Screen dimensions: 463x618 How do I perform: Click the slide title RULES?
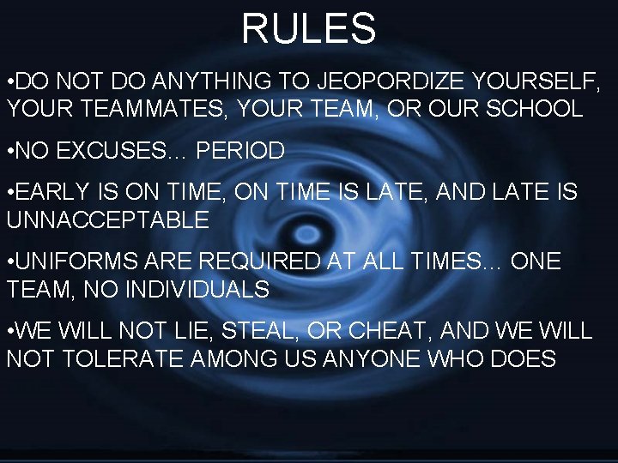click(x=308, y=28)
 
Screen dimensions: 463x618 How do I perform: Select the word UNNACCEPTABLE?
click(x=108, y=220)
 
